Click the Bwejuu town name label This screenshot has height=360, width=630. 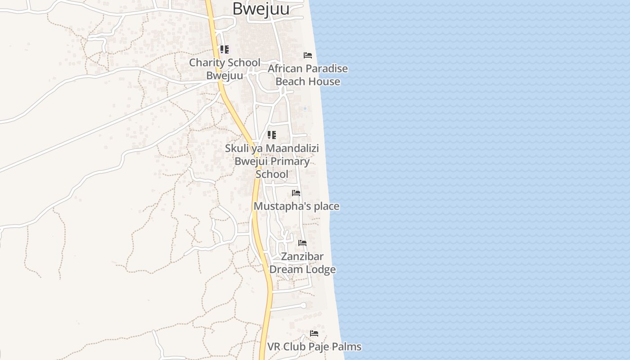click(261, 9)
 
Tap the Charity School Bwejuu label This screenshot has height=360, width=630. click(225, 69)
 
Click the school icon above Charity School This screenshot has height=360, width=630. click(225, 49)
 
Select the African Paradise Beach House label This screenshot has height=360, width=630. click(308, 75)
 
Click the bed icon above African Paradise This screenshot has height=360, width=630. click(308, 55)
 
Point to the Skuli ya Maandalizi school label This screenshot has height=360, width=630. click(272, 161)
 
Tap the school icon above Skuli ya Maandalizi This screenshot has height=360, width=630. click(272, 135)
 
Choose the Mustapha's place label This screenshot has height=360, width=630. click(297, 206)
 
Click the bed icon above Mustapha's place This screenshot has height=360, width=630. click(296, 193)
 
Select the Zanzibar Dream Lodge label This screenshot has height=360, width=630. click(302, 263)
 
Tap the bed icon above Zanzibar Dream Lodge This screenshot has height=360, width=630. click(302, 243)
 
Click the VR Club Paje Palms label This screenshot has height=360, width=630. click(315, 347)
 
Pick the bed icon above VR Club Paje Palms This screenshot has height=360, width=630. click(314, 333)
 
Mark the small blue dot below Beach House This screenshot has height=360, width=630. click(305, 108)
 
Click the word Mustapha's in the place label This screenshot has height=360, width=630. click(277, 206)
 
